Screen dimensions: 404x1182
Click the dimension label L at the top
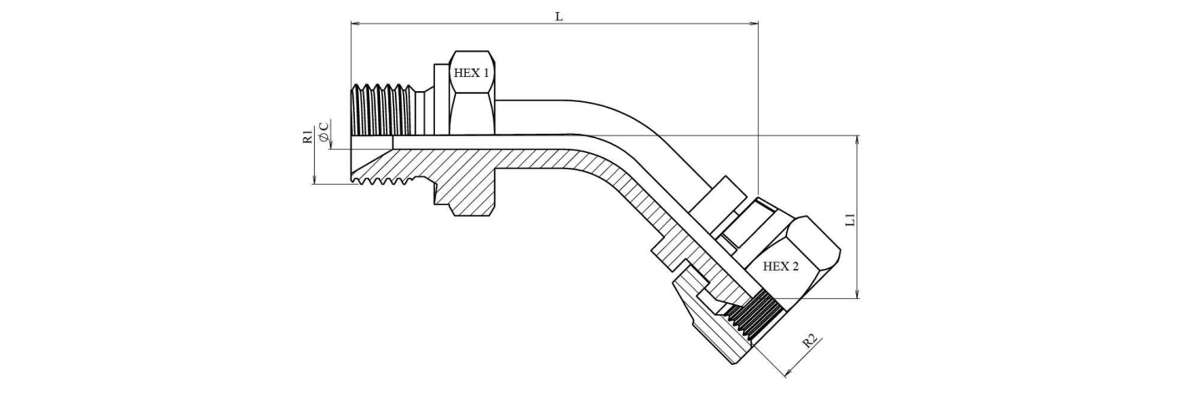[x=559, y=17]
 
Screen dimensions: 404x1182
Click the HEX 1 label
[x=471, y=73]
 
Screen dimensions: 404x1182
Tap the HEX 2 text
[x=780, y=267]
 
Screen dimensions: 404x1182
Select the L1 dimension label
[x=850, y=220]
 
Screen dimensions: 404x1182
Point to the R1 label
[x=308, y=136]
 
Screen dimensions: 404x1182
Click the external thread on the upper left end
[x=381, y=110]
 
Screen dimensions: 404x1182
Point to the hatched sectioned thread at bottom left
[x=378, y=168]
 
